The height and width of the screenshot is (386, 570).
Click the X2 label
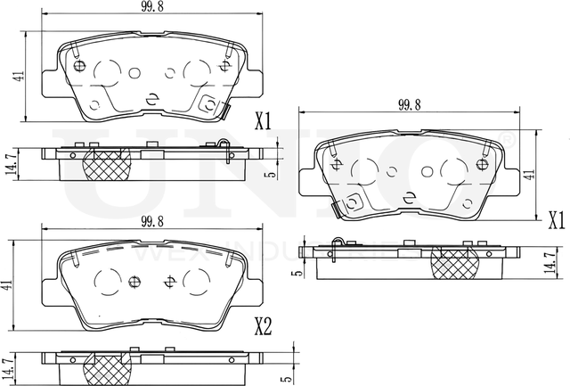261,327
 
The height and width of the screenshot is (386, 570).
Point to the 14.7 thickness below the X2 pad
9,367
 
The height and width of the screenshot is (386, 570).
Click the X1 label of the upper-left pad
263,121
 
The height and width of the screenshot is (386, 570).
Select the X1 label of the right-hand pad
557,218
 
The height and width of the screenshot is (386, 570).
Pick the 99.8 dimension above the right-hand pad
409,104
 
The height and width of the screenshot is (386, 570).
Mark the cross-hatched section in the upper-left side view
104,164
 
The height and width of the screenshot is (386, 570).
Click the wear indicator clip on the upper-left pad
227,112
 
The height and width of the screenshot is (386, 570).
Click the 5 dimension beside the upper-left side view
266,175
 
